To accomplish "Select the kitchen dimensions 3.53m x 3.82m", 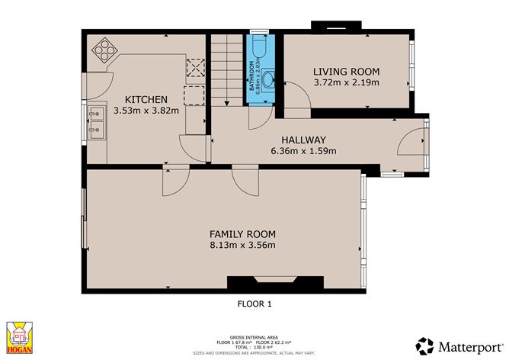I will [x=146, y=111].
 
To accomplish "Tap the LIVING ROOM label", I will [x=347, y=72].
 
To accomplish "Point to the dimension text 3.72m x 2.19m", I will [x=347, y=82].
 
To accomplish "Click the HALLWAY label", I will [x=303, y=140].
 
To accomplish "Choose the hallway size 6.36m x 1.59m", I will [x=303, y=151].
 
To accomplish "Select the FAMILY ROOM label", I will [x=242, y=234].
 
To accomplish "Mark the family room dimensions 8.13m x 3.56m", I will [x=242, y=245].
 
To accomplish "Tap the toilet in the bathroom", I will [x=258, y=49].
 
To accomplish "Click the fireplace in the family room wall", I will [x=271, y=283].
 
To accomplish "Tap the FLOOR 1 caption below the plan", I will [x=255, y=304].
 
